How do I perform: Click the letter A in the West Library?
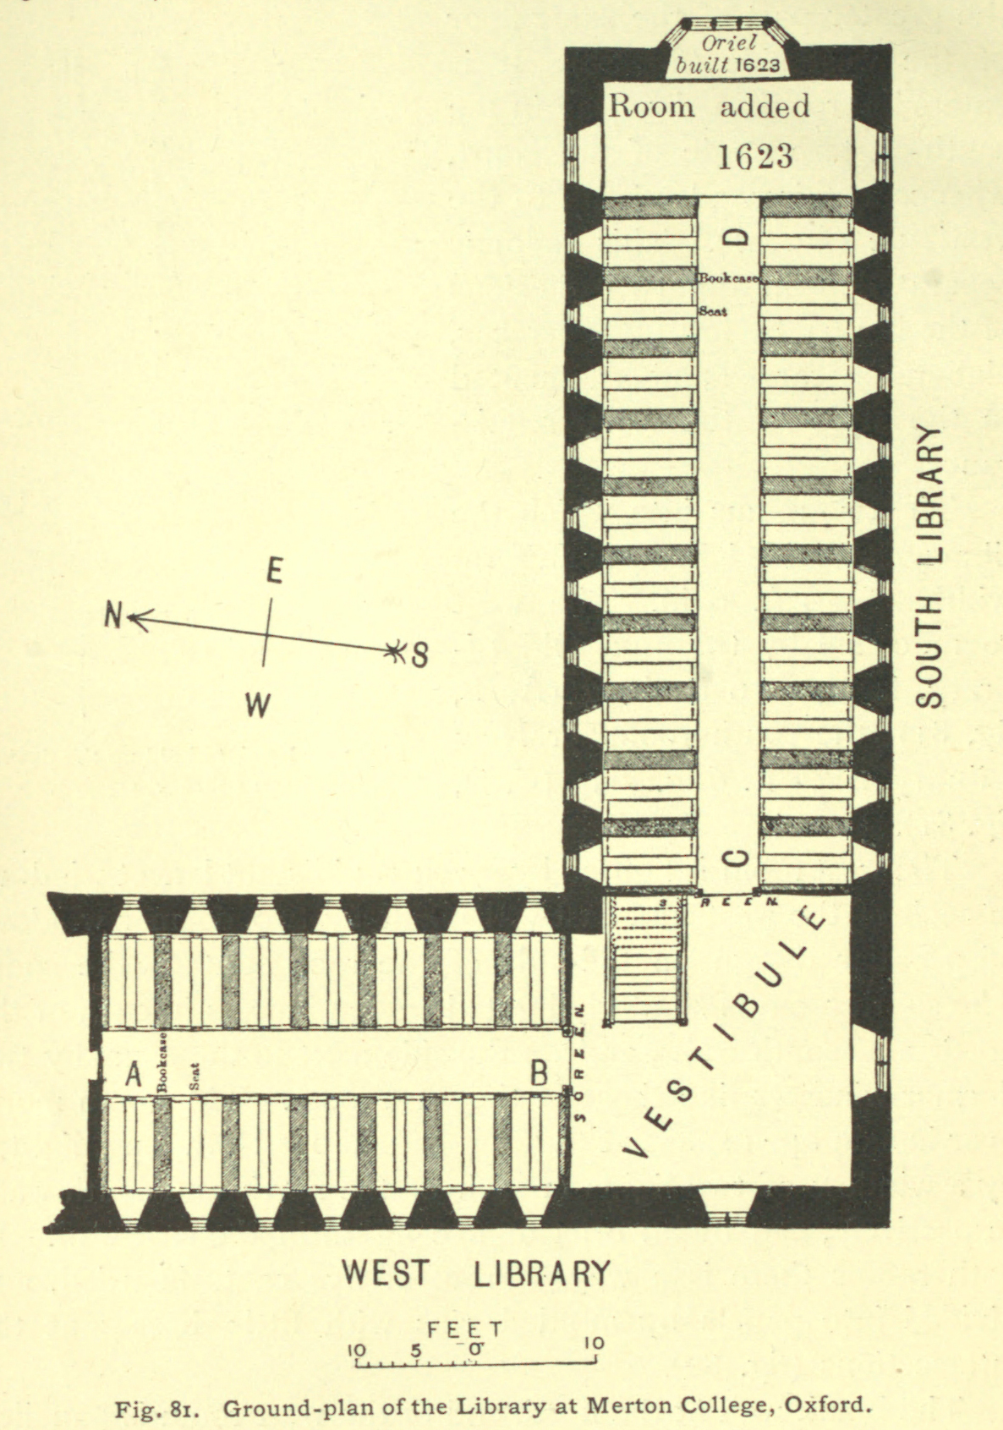[133, 1075]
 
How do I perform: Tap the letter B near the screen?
[539, 1074]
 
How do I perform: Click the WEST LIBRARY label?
[475, 1272]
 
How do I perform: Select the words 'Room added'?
[709, 107]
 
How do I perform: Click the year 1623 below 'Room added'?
[755, 156]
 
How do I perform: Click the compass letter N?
[113, 616]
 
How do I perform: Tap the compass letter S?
[419, 655]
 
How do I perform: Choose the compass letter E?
[273, 573]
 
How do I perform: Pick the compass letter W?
[258, 704]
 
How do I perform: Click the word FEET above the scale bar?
[465, 1329]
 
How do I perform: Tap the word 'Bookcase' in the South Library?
[728, 277]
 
